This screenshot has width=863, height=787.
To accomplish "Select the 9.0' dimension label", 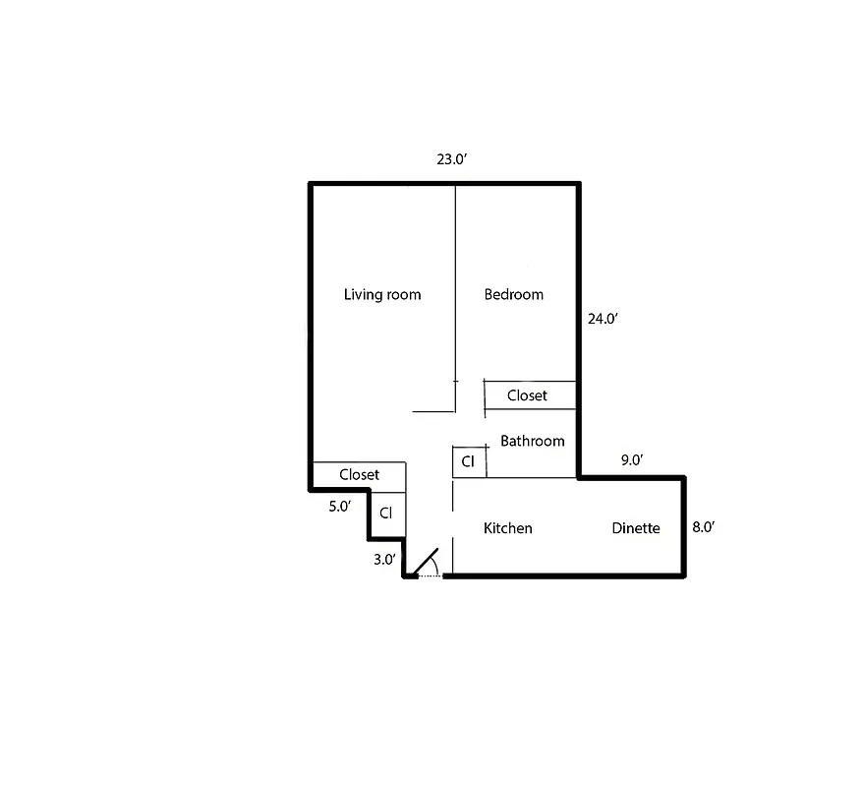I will [x=630, y=459].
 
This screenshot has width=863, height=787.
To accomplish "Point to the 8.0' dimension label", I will [x=703, y=527].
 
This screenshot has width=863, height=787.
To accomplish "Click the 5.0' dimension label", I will [x=339, y=508].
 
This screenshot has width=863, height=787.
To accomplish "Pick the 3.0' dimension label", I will [x=384, y=560].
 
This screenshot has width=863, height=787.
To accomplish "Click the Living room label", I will [x=382, y=294].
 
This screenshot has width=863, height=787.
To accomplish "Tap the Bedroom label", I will [x=513, y=294].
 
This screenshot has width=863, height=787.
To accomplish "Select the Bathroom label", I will [x=532, y=441].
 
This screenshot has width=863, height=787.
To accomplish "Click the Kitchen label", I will [x=508, y=528].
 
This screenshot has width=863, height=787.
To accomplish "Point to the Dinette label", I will [x=635, y=528].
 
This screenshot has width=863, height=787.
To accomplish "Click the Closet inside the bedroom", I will [x=527, y=395].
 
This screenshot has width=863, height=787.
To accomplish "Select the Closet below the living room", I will [x=359, y=474].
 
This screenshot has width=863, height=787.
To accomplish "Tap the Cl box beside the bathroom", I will [x=469, y=461].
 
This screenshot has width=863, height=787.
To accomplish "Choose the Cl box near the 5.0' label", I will [x=386, y=514].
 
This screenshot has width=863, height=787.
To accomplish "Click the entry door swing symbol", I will [x=427, y=565].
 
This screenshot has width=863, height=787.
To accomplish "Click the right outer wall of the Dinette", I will [x=683, y=526].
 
